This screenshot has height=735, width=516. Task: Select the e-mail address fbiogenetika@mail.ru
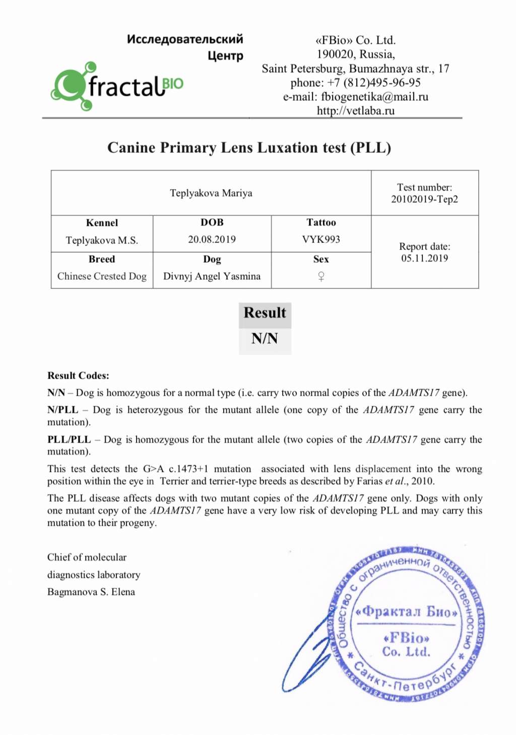coord(374,97)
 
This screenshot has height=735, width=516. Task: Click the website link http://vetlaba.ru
coord(355,111)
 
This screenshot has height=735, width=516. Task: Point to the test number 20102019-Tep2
coord(424,199)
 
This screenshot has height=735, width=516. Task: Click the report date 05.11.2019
coord(424,259)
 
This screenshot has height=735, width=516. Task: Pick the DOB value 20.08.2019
coord(212,239)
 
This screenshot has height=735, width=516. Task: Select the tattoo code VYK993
coord(321,239)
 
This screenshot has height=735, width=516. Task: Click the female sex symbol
coord(321,276)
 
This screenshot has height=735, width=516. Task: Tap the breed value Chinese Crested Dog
coord(102,276)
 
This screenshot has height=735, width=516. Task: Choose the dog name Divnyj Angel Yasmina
coord(212,276)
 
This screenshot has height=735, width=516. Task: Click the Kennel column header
coord(102,223)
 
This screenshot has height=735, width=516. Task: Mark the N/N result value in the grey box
coord(265,338)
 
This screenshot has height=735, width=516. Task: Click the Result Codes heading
coord(78,376)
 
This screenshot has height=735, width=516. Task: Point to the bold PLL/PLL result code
coord(69,440)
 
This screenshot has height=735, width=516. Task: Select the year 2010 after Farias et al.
coord(422,481)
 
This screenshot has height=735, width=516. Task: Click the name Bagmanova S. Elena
coord(91,592)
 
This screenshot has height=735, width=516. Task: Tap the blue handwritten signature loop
coord(302,655)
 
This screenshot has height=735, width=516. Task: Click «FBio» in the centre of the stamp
coord(406,638)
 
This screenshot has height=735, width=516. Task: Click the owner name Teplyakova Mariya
coord(211,193)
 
